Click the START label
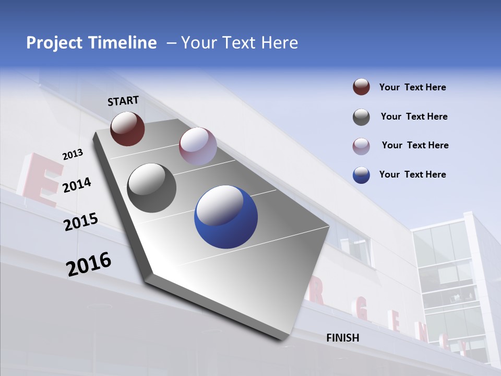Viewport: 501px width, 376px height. coord(123,101)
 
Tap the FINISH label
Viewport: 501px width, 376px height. coord(343,338)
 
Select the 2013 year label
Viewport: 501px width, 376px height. coord(73,155)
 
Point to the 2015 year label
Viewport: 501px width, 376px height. coord(81,222)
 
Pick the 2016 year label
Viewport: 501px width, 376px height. coord(89,264)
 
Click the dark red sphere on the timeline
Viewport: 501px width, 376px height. coord(127,128)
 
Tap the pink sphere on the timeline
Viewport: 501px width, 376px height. coord(198,146)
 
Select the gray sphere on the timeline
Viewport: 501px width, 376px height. coord(152,188)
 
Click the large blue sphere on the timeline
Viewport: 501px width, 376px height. coord(226,217)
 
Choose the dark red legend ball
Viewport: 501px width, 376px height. coord(361,87)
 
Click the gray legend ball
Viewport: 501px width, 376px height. coord(361,117)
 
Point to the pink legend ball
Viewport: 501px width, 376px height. coord(361,146)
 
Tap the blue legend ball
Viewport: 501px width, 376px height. coord(361,175)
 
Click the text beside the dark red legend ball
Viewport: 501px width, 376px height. coord(412,88)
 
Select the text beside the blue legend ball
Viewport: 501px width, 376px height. coord(412,174)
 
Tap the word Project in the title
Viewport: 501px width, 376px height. coord(55,43)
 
